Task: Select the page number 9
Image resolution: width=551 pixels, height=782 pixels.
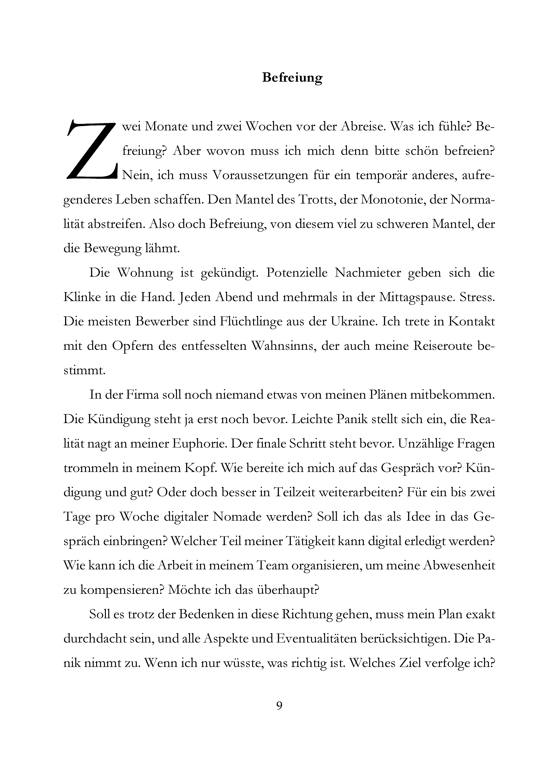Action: pos(279,706)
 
